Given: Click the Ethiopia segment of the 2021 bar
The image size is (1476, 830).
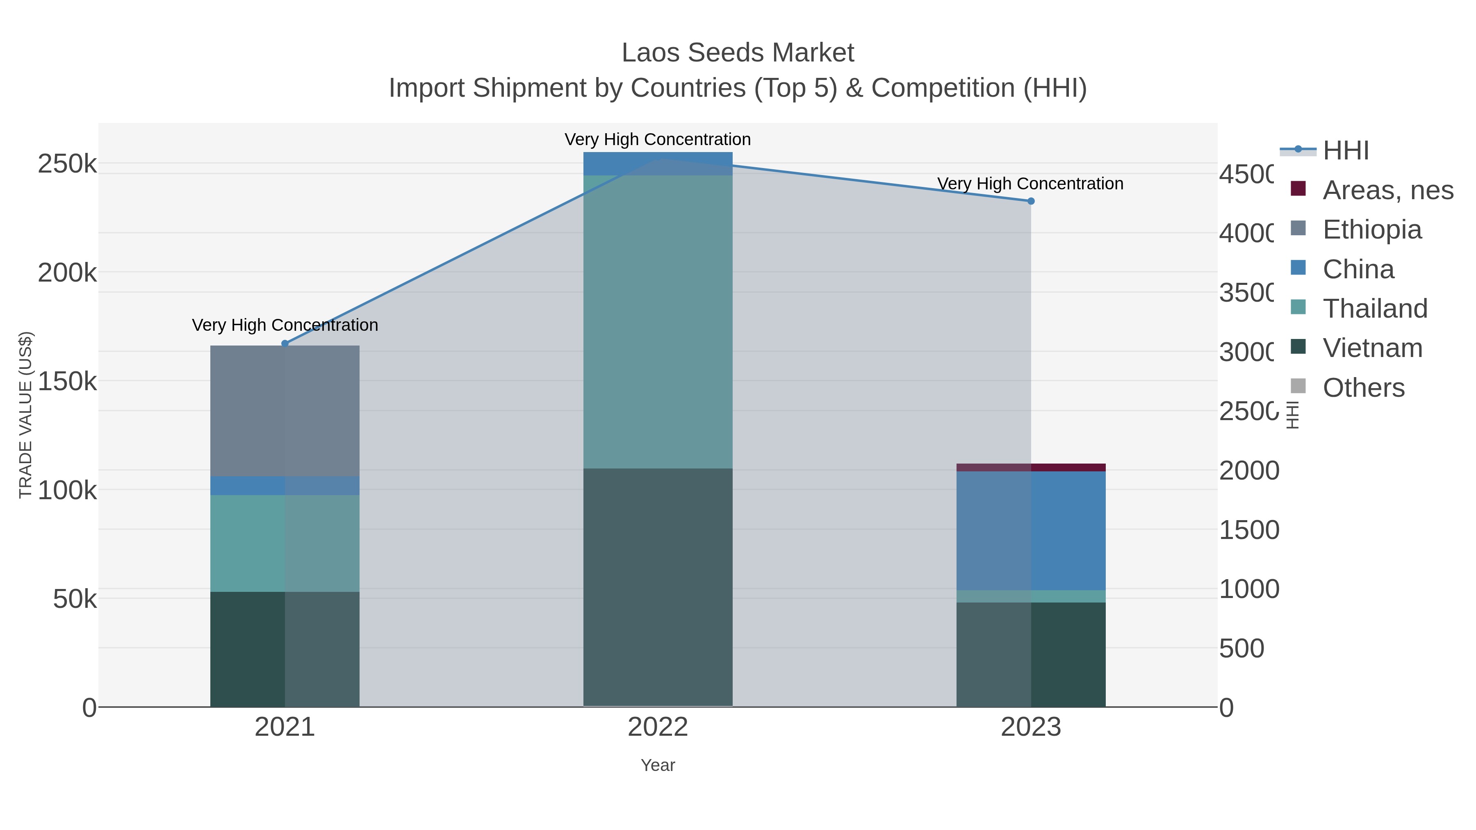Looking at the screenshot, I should click(285, 411).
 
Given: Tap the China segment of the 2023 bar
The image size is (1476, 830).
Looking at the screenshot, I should click(1031, 531).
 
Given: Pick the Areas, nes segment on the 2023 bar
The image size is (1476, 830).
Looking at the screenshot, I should click(1031, 467).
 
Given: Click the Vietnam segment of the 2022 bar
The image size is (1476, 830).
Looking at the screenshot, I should click(658, 587).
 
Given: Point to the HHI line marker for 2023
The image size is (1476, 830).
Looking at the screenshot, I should click(1031, 201).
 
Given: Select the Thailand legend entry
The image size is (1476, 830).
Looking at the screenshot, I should click(1375, 309).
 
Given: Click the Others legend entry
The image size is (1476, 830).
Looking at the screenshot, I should click(1363, 388).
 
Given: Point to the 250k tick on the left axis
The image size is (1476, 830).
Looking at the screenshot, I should click(67, 164).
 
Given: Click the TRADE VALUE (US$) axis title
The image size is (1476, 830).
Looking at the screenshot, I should click(26, 415).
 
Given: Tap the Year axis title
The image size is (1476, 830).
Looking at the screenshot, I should click(658, 765).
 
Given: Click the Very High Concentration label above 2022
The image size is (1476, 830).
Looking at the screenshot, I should click(658, 139).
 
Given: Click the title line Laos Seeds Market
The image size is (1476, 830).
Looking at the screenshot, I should click(738, 53).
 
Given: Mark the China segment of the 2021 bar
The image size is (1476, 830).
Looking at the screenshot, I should click(285, 486).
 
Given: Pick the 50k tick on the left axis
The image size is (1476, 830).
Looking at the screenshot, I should click(75, 600).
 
